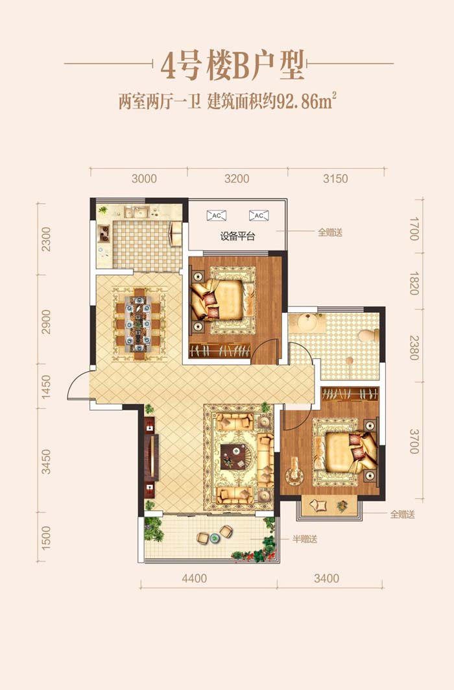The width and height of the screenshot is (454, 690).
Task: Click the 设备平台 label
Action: tap(237, 236)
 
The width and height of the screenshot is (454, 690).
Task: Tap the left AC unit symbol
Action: tap(216, 216)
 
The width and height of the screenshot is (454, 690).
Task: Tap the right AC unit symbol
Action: tap(258, 216)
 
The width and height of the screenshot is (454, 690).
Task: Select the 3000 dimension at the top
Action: tap(144, 179)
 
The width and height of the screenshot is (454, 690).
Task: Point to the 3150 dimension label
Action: tap(335, 179)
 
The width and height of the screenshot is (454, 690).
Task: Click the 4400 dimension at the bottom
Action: tap(195, 578)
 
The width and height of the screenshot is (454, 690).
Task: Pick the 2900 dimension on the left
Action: tap(45, 322)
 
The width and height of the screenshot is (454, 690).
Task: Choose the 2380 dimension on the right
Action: tap(414, 348)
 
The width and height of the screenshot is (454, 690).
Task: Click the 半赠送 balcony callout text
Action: tap(305, 539)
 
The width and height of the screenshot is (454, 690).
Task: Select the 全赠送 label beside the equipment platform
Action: tap(330, 232)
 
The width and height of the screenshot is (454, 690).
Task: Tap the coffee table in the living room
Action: tap(234, 457)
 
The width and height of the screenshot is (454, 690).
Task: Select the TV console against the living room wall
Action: tap(150, 458)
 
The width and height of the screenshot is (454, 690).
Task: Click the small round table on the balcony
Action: tap(214, 537)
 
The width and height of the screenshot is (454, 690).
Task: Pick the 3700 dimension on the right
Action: tap(414, 441)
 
